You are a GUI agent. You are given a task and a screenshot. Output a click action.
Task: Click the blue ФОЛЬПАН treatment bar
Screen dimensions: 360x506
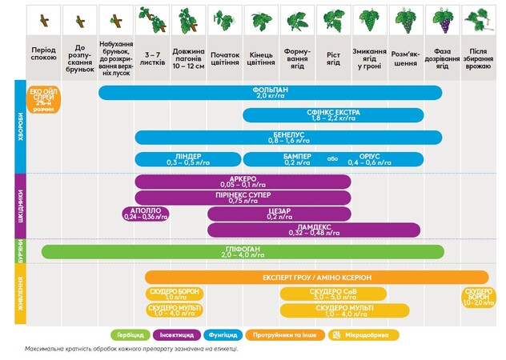point(269,93)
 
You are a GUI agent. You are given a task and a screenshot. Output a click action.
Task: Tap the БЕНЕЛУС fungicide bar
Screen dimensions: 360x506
point(288,137)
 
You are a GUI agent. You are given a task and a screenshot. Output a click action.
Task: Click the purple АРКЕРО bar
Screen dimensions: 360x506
point(243,182)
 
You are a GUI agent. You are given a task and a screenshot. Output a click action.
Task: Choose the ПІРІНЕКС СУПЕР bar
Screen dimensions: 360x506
point(243,197)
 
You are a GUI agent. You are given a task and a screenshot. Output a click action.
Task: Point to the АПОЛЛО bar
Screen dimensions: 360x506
point(146,214)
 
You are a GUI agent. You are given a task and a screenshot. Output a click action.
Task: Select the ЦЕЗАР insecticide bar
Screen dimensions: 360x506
point(278,214)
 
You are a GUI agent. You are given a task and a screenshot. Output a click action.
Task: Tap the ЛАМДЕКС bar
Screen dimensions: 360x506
point(313,230)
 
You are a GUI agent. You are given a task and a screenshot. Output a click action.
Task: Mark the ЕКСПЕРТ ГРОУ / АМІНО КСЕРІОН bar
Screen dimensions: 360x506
point(317,277)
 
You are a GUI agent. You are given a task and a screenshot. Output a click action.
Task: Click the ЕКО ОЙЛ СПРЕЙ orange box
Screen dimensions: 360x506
point(44,98)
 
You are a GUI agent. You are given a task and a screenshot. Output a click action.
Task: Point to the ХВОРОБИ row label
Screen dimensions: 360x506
point(20,126)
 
